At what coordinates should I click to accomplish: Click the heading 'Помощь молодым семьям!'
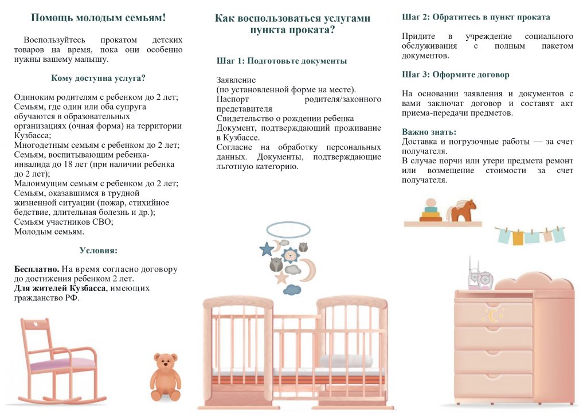click(x=98, y=18)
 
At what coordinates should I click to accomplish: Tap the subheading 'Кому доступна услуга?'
click(x=98, y=78)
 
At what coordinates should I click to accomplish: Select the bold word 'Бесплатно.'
click(x=37, y=269)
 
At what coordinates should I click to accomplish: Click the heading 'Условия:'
click(x=98, y=250)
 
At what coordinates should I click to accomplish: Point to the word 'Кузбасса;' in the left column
click(x=33, y=135)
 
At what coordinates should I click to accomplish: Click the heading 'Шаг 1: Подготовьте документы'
click(x=282, y=61)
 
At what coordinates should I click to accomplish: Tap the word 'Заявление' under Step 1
click(x=236, y=80)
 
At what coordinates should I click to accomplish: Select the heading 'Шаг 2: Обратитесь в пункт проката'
click(x=476, y=17)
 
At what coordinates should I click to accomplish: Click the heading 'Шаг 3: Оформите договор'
click(x=456, y=75)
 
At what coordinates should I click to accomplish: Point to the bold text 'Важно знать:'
click(x=429, y=132)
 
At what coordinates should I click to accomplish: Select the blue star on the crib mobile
click(x=267, y=249)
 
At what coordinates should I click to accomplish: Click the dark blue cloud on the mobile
click(x=292, y=289)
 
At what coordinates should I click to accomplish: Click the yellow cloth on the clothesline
click(x=518, y=238)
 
